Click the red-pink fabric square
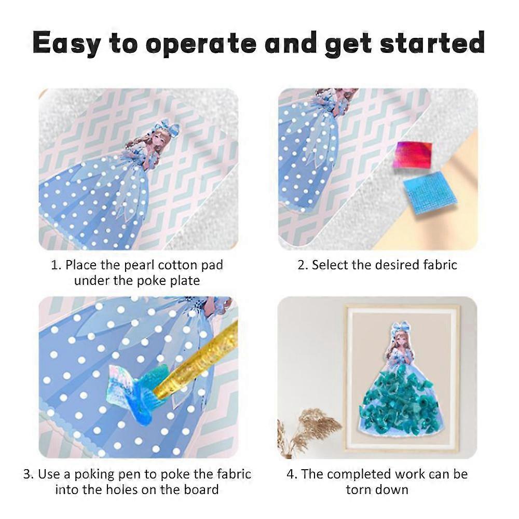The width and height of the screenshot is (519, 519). coord(413,155)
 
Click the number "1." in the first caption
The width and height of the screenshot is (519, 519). coord(56,265)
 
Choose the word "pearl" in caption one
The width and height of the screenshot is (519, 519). coord(140,265)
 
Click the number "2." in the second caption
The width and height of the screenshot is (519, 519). coord(303,265)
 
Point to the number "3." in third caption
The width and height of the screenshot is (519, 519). coord(28,474)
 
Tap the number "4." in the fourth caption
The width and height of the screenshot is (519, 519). coord(292,474)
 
